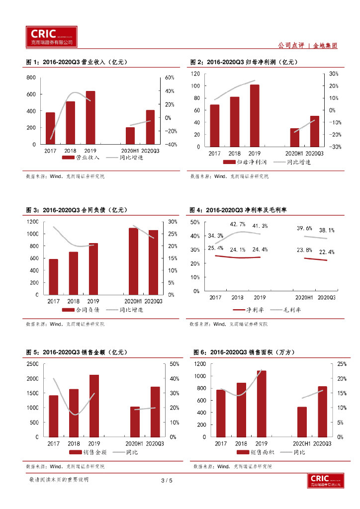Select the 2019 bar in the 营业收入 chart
pyautogui.click(x=90, y=117)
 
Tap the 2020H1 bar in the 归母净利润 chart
pyautogui.click(x=295, y=137)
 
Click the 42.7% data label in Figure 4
pyautogui.click(x=237, y=224)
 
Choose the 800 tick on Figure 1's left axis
pyautogui.click(x=31, y=78)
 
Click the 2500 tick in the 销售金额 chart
pyautogui.click(x=32, y=364)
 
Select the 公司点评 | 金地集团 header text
pyautogui.click(x=307, y=45)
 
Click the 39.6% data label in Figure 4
pyautogui.click(x=304, y=228)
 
